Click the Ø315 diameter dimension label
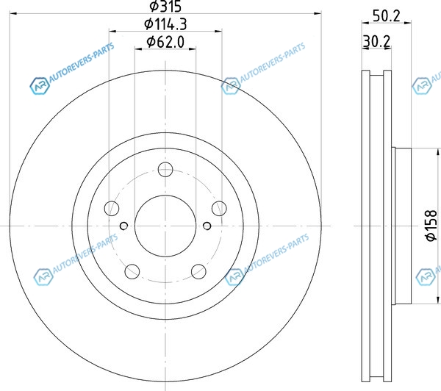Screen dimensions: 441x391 coord(165,6)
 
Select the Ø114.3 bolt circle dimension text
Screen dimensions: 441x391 coord(165,24)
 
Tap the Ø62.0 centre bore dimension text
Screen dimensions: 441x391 coord(165,42)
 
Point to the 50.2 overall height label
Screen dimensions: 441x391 coord(386,16)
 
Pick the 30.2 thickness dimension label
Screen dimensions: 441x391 coord(376,42)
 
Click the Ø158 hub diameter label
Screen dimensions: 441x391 coord(431,226)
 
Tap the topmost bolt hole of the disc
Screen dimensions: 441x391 coord(165,169)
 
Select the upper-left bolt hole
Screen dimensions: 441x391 coord(112,209)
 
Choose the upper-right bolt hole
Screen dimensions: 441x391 coord(219,209)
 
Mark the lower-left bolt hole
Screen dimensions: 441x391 coord(132,271)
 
